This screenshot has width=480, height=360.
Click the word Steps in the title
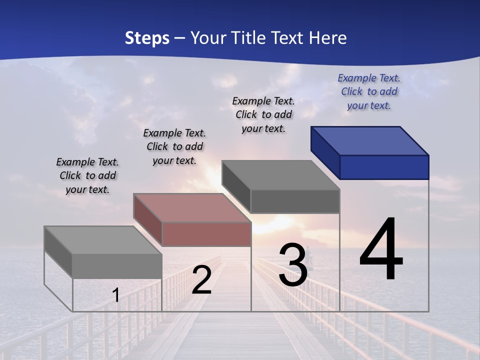[147, 38]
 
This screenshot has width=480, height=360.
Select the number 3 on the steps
[293, 265]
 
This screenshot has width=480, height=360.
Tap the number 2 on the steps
[201, 280]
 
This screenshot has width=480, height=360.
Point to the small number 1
[116, 295]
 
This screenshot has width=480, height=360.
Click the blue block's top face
[370, 140]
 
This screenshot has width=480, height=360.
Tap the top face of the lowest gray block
[103, 240]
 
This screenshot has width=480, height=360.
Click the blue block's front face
[384, 167]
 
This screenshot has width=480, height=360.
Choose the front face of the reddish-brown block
[206, 234]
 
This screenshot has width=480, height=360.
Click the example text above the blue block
[369, 92]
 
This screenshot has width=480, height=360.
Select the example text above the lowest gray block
[87, 175]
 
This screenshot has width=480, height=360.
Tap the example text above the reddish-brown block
[174, 146]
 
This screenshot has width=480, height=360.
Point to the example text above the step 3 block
[263, 114]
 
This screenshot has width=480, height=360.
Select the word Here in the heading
[329, 38]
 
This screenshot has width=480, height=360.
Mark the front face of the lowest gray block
[117, 266]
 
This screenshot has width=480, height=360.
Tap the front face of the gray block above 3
[295, 201]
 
